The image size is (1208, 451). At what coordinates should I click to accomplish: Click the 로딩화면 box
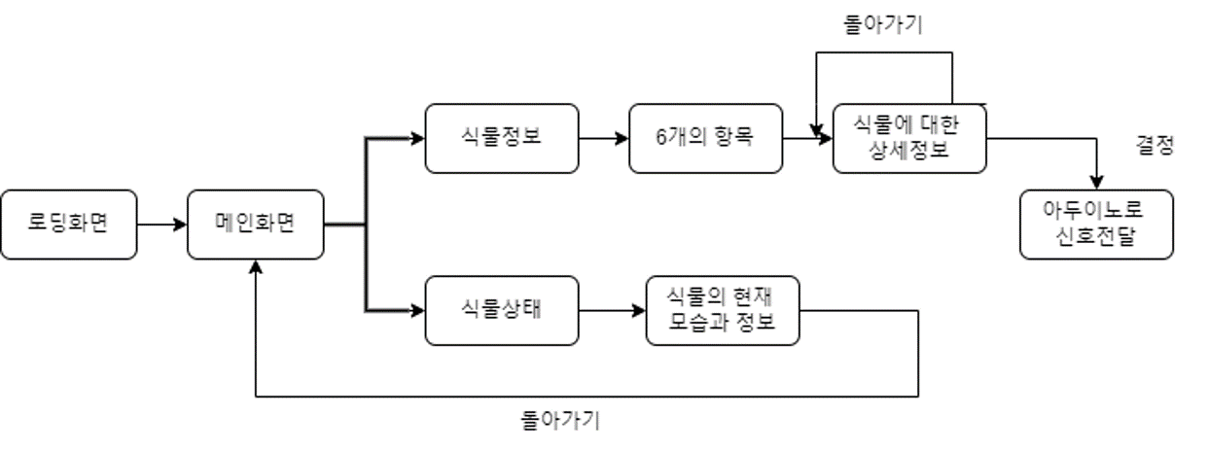[68, 225]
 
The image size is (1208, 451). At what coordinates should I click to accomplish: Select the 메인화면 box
[255, 225]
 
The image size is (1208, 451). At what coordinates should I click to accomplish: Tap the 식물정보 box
[501, 138]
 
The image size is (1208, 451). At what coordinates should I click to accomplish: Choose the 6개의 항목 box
[705, 138]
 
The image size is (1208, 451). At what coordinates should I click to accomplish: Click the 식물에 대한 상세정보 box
[909, 138]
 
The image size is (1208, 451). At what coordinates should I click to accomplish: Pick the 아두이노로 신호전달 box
[1096, 225]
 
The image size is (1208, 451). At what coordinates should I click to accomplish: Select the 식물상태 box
[501, 310]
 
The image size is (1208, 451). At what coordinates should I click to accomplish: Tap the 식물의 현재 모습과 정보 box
[722, 310]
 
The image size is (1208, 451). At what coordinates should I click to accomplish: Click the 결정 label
[1155, 146]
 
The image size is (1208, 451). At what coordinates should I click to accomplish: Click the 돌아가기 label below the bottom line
[560, 421]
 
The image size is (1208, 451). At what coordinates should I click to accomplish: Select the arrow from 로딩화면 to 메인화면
[161, 225]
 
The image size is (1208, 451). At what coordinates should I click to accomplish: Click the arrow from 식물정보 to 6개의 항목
[603, 138]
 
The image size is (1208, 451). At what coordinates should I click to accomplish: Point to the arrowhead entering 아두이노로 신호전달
[1097, 183]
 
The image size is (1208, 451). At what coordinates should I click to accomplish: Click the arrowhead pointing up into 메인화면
[255, 266]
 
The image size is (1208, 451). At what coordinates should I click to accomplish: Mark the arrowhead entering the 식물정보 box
[418, 138]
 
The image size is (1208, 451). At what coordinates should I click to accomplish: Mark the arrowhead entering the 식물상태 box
[418, 311]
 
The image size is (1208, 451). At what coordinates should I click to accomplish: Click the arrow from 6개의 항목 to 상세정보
[807, 138]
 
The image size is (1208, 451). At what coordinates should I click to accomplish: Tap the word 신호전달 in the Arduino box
[1096, 239]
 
